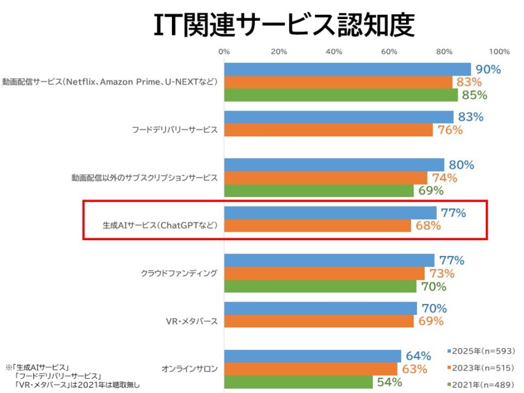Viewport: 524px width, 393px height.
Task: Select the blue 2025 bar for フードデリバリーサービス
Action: (338, 117)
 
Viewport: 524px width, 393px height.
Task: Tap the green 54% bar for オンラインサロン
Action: (299, 383)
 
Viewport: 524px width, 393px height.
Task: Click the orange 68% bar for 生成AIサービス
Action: (318, 225)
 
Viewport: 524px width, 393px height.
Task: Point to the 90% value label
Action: (489, 69)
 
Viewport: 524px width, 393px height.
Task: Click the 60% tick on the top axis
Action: (389, 52)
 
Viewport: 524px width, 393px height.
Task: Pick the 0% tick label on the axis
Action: (224, 52)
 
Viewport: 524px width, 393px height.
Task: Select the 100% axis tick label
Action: (499, 52)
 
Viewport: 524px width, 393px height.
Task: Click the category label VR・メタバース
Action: (192, 321)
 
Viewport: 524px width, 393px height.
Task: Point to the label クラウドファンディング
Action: (179, 273)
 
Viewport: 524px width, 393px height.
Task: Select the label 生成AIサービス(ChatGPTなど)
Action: (160, 225)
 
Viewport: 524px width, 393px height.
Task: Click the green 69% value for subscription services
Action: (431, 190)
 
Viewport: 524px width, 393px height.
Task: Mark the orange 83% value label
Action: (467, 82)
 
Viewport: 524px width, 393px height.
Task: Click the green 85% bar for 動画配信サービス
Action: (341, 95)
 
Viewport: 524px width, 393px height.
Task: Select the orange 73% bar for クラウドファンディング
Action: (324, 273)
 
